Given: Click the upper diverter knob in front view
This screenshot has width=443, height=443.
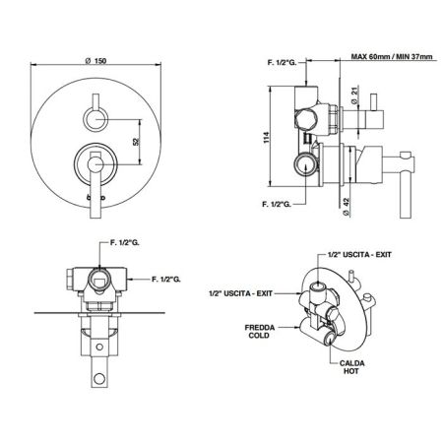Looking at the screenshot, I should [x=96, y=120].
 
